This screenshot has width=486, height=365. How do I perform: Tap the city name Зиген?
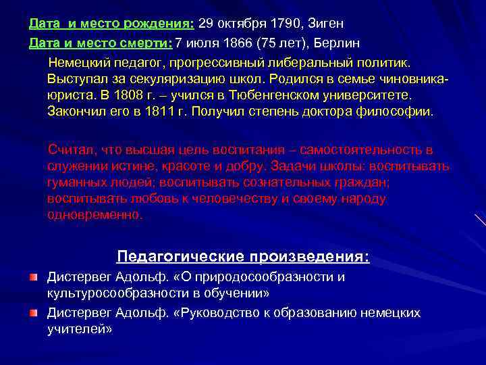point(326,24)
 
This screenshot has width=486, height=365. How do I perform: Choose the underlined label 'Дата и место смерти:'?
point(101,43)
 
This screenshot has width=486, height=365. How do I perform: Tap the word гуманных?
point(75,182)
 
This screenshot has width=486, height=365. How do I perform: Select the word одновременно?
point(95,215)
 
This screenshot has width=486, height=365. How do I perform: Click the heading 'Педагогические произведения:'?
point(243,257)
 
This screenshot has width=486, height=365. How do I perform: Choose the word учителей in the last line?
point(77,329)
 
